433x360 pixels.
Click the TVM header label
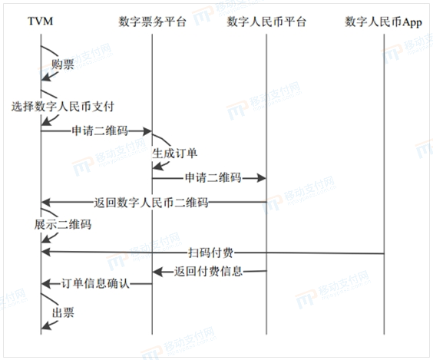[x=41, y=21]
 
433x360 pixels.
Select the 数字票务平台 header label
[x=152, y=21]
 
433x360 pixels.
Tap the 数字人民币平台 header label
[x=266, y=21]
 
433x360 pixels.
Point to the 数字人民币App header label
[x=384, y=21]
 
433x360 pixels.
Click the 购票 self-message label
[x=63, y=64]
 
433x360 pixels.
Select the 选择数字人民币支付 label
[x=63, y=106]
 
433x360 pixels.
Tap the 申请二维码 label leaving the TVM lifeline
[x=100, y=130]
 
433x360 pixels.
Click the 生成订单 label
[x=174, y=154]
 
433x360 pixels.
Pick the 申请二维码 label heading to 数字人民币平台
[x=213, y=177]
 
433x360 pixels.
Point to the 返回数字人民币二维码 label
[x=151, y=203]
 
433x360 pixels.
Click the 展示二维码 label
[x=63, y=224]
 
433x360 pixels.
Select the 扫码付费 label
[x=210, y=253]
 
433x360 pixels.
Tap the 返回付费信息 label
[x=208, y=271]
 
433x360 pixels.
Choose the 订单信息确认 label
[x=95, y=283]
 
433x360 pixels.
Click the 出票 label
[x=63, y=312]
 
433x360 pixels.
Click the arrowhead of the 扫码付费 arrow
[x=45, y=252]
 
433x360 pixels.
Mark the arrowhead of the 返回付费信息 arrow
[x=157, y=272]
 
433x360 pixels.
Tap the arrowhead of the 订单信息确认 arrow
[x=45, y=283]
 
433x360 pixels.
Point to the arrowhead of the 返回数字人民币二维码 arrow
[x=45, y=203]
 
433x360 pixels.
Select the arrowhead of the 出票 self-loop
[x=45, y=325]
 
